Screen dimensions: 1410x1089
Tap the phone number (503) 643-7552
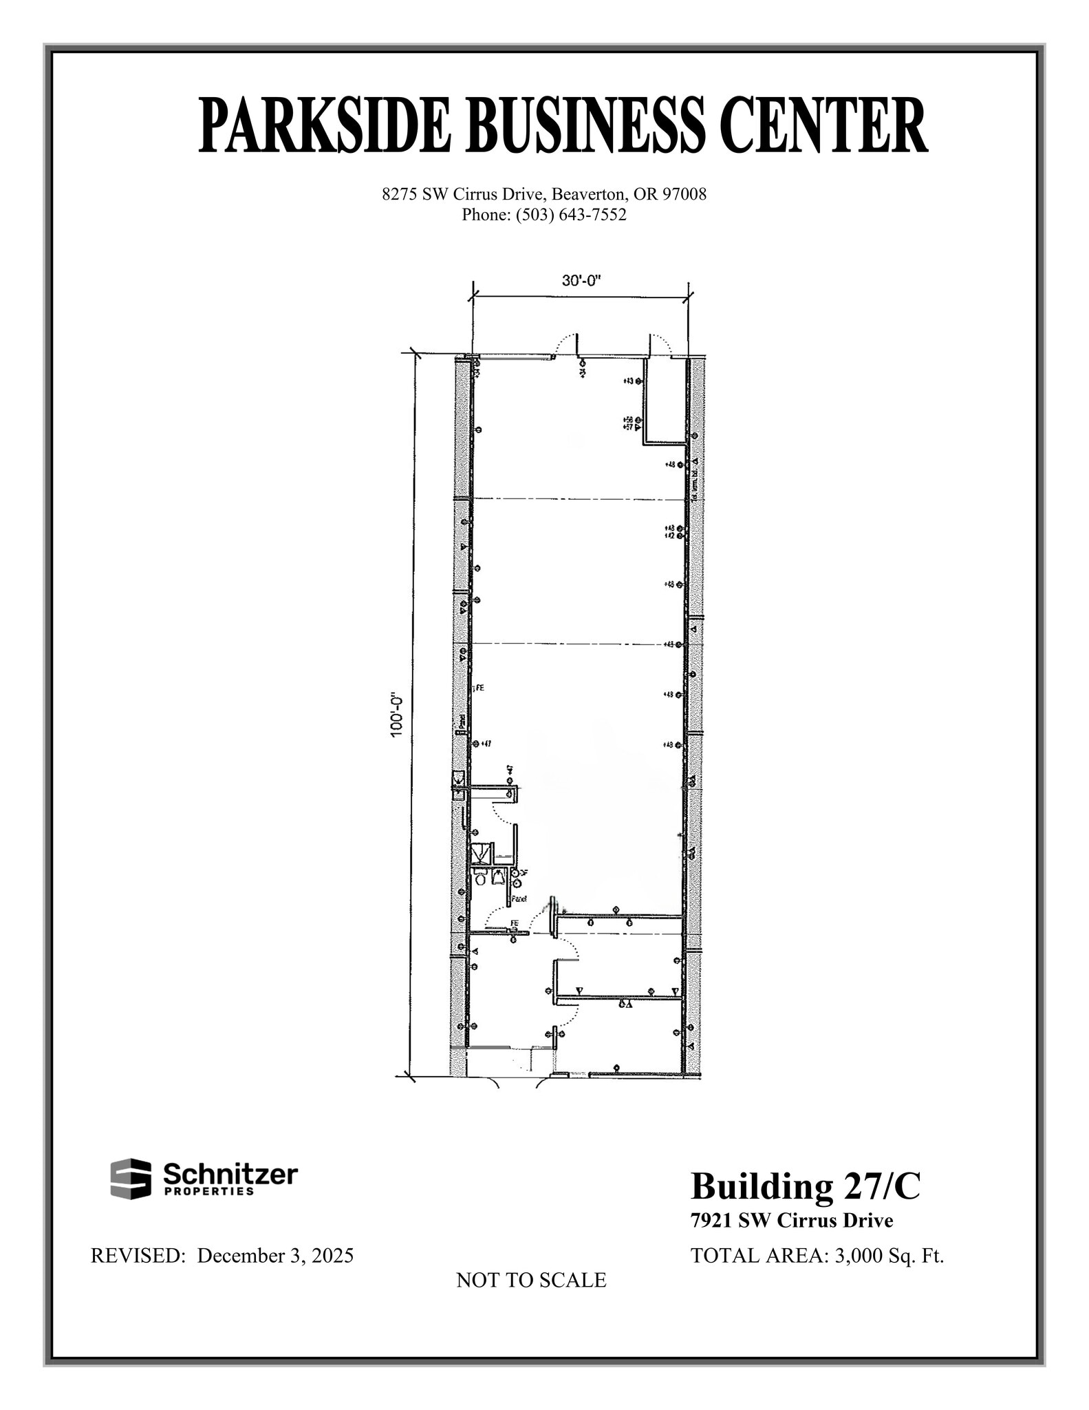pos(571,215)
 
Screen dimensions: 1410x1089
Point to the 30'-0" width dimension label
pos(582,281)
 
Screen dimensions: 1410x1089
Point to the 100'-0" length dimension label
pos(397,715)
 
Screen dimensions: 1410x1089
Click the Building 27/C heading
pos(805,1186)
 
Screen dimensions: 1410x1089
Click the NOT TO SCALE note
pos(531,1280)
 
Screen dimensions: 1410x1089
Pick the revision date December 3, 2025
pos(275,1255)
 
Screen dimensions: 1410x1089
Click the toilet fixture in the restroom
pos(481,878)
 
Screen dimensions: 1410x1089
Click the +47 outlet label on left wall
pos(486,744)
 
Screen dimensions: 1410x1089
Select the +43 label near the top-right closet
pos(628,381)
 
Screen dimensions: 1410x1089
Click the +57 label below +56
pos(627,427)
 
